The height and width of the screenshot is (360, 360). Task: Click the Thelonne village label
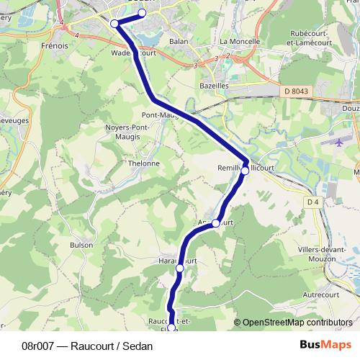(143, 163)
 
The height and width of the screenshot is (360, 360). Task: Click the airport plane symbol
(341, 141)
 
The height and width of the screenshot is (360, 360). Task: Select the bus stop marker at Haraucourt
(179, 269)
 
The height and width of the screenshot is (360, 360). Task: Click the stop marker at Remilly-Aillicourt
(245, 171)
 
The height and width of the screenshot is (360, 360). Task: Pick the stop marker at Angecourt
(215, 223)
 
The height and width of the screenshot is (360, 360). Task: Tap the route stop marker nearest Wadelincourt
(114, 24)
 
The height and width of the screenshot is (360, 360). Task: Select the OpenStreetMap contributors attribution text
(297, 323)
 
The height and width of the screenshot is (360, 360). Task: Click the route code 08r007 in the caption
(40, 346)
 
